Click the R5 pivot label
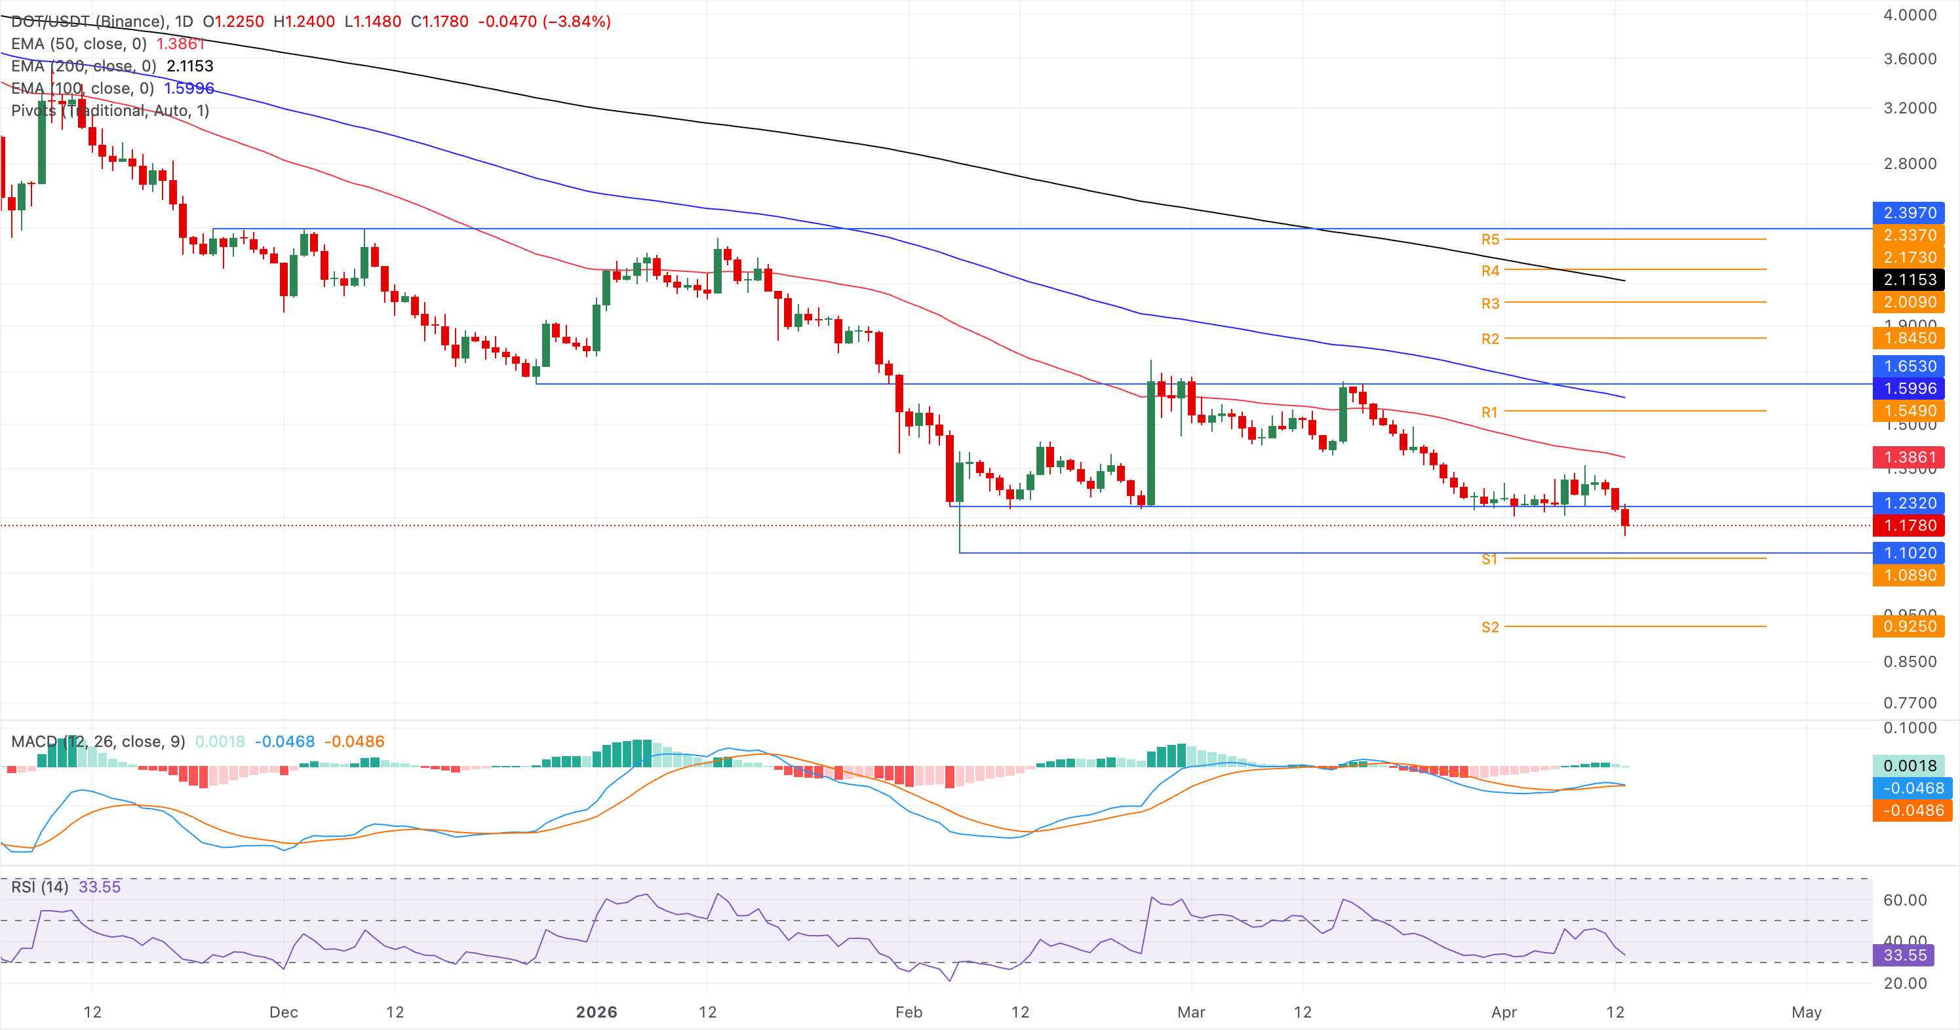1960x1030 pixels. click(1489, 240)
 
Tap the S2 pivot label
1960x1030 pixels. click(1489, 627)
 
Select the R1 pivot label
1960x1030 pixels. click(1489, 412)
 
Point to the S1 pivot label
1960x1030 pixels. click(1489, 559)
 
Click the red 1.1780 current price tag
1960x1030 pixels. click(1909, 525)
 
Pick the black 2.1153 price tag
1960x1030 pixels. click(1909, 279)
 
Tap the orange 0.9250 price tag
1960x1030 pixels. click(1909, 626)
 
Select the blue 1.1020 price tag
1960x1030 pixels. click(1909, 552)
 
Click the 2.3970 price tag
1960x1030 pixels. click(1909, 212)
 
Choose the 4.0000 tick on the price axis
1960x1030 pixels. click(1909, 14)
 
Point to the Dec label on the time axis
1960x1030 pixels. click(283, 1012)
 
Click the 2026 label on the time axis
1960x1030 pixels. click(597, 1012)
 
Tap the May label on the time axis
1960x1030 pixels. click(1807, 1012)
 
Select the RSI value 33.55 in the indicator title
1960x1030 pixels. click(100, 887)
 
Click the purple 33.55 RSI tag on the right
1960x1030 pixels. click(1904, 955)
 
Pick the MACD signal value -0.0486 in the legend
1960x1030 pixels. click(354, 741)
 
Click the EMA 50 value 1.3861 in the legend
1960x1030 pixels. click(180, 43)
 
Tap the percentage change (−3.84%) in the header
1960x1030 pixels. click(577, 22)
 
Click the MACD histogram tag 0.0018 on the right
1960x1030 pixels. click(1909, 765)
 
